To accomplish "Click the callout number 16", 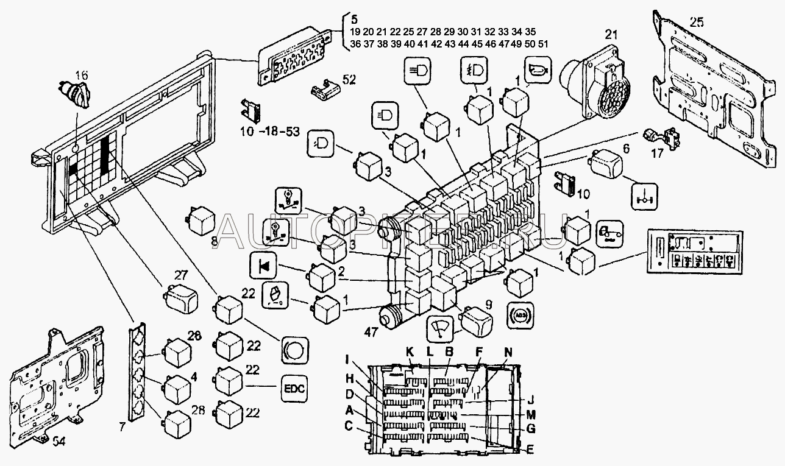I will coord(82,75).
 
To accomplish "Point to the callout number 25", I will coord(697,23).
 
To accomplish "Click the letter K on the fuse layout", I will coord(410,352).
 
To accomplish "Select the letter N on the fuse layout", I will coord(509,352).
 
